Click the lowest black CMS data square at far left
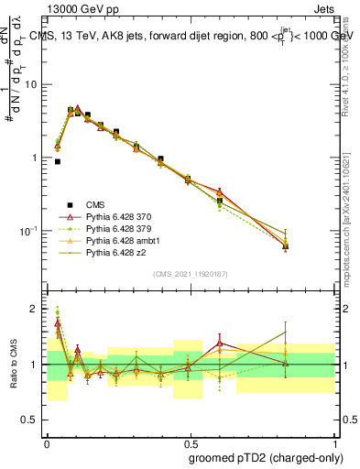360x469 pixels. (x=57, y=161)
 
